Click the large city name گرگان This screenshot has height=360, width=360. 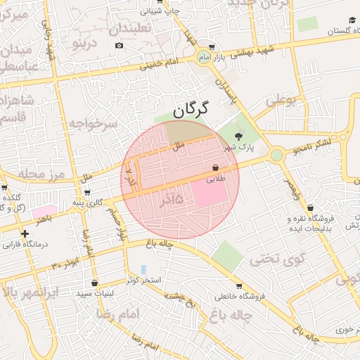point(191,109)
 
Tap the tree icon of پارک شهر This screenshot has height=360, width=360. point(239,136)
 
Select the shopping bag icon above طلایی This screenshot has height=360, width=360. point(214,167)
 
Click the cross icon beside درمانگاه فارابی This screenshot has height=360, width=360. point(25,233)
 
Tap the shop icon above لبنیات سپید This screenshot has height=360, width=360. point(94,283)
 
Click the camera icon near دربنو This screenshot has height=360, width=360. point(119,46)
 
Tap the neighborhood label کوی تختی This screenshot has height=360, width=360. point(281,259)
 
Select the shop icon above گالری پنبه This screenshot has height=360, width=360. point(77,193)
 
